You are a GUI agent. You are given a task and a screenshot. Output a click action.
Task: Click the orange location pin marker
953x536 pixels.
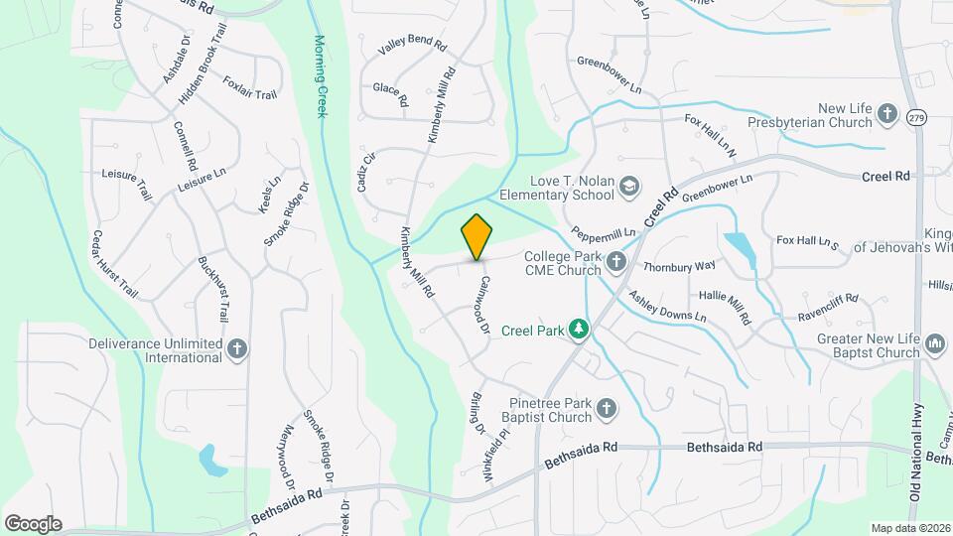(x=476, y=236)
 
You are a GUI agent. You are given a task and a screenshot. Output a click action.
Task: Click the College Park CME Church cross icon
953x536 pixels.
(x=616, y=262)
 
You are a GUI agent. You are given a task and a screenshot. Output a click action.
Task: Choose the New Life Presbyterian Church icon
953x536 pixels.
(x=886, y=115)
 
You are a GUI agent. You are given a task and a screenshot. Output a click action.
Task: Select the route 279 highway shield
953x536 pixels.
(x=915, y=117)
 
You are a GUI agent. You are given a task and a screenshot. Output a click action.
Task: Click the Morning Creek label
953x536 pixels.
(x=321, y=76)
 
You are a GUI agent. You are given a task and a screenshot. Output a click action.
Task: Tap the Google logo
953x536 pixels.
(x=32, y=523)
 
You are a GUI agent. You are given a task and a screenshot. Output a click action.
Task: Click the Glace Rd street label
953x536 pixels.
(x=390, y=94)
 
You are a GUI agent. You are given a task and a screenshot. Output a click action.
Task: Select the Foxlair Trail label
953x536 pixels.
(x=249, y=87)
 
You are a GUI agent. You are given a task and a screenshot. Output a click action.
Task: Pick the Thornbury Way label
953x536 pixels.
(x=679, y=266)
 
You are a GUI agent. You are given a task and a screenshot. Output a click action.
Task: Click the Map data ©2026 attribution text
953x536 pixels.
(x=909, y=527)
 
